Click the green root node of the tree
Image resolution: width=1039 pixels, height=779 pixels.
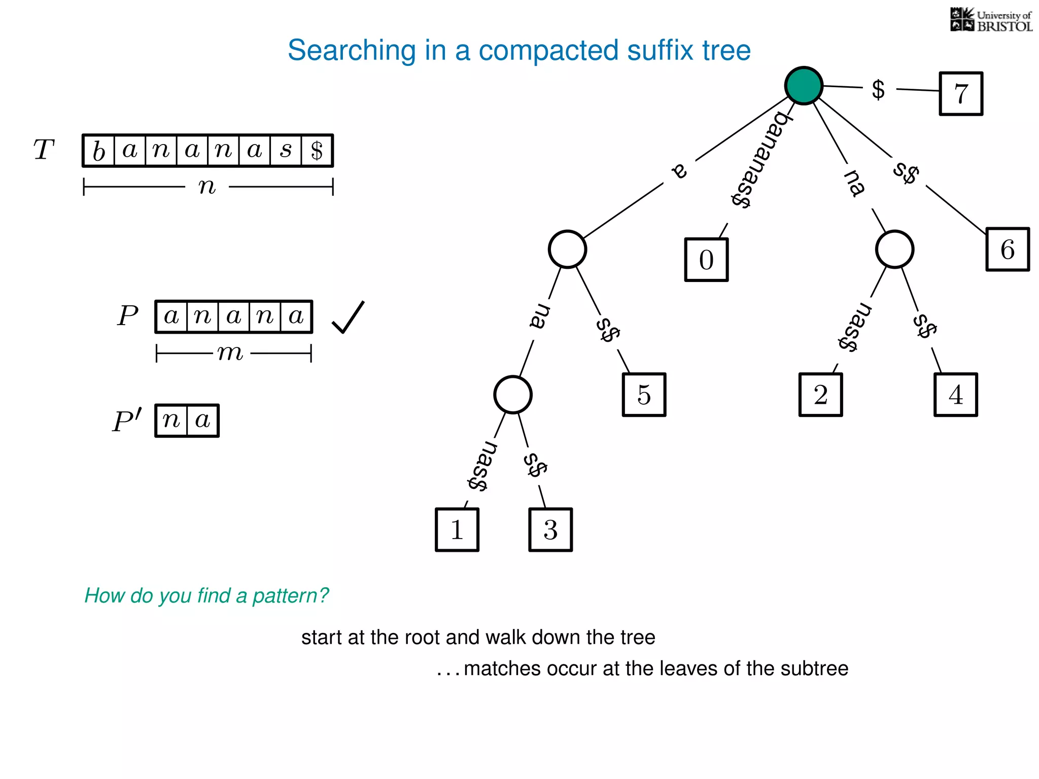coord(804,85)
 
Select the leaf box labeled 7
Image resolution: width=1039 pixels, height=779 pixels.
coord(961,94)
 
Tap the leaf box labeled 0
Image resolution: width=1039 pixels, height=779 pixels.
coord(706,260)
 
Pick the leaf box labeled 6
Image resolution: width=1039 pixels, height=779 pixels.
coord(1008,250)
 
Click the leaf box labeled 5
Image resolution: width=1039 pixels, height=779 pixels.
coord(644,395)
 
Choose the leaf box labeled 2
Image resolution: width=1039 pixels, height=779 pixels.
coord(820,395)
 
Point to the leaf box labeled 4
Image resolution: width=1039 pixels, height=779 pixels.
coord(955,395)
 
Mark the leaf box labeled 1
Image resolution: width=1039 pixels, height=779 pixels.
coord(457,529)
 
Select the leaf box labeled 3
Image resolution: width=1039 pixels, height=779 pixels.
coord(550,529)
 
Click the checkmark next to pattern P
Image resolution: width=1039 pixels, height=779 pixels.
coord(348,317)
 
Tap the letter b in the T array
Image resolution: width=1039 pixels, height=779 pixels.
coord(99,151)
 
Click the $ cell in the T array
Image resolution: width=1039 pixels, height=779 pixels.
coord(317,151)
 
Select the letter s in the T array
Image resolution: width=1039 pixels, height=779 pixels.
coord(286,151)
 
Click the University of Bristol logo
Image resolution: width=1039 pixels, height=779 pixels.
coord(991,20)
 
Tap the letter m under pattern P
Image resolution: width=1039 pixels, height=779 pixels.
coord(231,352)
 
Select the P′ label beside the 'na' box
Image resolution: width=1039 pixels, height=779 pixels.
coord(127,420)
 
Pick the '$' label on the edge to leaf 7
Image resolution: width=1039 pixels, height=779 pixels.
coord(878,90)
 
